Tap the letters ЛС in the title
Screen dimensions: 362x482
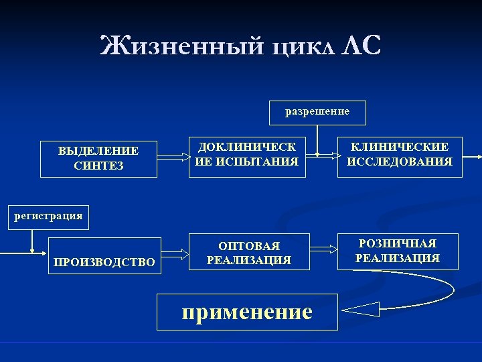(362, 47)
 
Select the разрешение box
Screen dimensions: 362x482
(317, 112)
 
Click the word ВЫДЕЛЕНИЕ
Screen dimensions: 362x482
(98, 152)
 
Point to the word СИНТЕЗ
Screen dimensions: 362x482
(98, 166)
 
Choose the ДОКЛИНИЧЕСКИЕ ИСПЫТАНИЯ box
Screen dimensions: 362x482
(247, 154)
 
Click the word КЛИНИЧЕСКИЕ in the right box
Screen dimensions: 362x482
(399, 147)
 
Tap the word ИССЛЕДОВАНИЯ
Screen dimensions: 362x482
(399, 162)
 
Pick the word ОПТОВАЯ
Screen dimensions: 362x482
(249, 246)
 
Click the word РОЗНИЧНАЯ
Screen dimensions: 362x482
(398, 243)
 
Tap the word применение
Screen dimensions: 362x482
(246, 311)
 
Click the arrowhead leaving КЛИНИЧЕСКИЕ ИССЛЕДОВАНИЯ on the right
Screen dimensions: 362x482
(479, 156)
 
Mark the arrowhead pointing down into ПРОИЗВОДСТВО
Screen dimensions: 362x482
(32, 251)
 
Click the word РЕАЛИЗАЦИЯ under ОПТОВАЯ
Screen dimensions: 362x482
(249, 260)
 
